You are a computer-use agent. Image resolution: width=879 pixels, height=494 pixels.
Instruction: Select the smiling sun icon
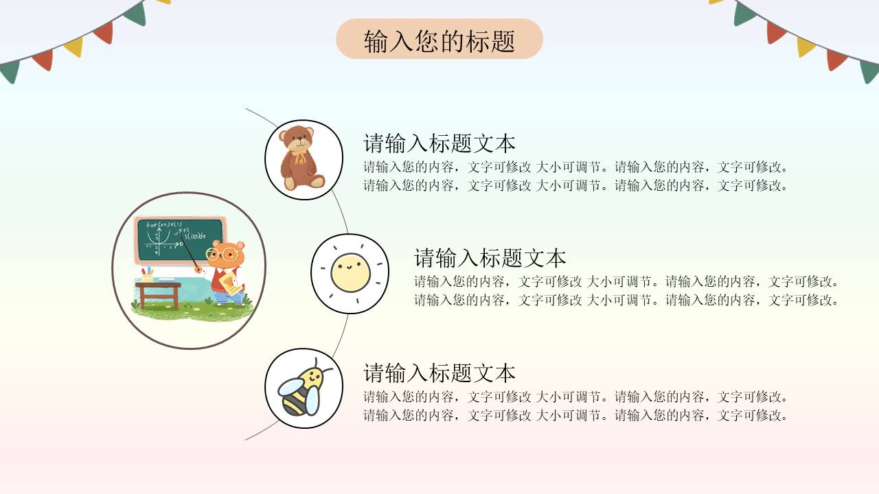pyautogui.click(x=350, y=272)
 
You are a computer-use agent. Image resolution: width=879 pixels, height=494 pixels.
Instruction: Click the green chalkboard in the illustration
pyautogui.click(x=180, y=239)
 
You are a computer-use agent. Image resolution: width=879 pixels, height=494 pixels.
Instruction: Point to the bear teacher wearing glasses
pyautogui.click(x=225, y=271)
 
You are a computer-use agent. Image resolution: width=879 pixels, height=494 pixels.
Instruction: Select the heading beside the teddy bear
pyautogui.click(x=439, y=143)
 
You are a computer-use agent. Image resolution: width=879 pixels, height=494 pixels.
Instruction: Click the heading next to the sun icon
pyautogui.click(x=490, y=258)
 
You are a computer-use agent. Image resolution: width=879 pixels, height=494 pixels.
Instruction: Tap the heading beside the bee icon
pyautogui.click(x=439, y=373)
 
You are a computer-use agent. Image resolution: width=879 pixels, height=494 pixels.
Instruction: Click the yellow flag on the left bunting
pyautogui.click(x=73, y=47)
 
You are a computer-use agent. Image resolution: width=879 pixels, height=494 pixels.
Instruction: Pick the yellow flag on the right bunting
pyautogui.click(x=806, y=46)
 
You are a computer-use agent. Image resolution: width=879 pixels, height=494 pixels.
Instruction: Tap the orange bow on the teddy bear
pyautogui.click(x=299, y=156)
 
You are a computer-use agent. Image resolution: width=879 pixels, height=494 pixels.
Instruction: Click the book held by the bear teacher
pyautogui.click(x=233, y=287)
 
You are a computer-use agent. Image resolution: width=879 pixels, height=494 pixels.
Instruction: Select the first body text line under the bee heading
pyautogui.click(x=576, y=397)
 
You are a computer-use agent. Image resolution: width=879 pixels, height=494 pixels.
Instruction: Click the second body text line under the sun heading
pyautogui.click(x=627, y=300)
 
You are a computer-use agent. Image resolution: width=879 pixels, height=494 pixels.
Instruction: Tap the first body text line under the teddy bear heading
pyautogui.click(x=576, y=167)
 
